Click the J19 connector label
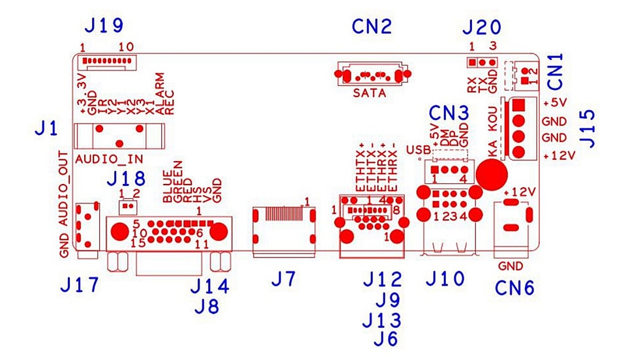tap(104, 26)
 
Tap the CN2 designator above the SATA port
tap(372, 27)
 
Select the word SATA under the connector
tap(370, 93)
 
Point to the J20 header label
tap(481, 27)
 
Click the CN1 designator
tap(556, 71)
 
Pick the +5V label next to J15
tap(556, 102)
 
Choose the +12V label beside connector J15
tap(559, 156)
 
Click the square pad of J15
tap(518, 105)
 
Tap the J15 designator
tap(588, 129)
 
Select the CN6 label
tap(514, 288)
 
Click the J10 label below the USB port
tap(445, 278)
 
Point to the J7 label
tap(284, 278)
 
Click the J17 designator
tap(80, 285)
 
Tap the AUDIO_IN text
tap(110, 159)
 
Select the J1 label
tap(46, 128)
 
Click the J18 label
tap(126, 179)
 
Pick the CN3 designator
tap(449, 113)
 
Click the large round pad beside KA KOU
tap(492, 174)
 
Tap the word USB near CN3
tap(419, 150)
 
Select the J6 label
tap(386, 339)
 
